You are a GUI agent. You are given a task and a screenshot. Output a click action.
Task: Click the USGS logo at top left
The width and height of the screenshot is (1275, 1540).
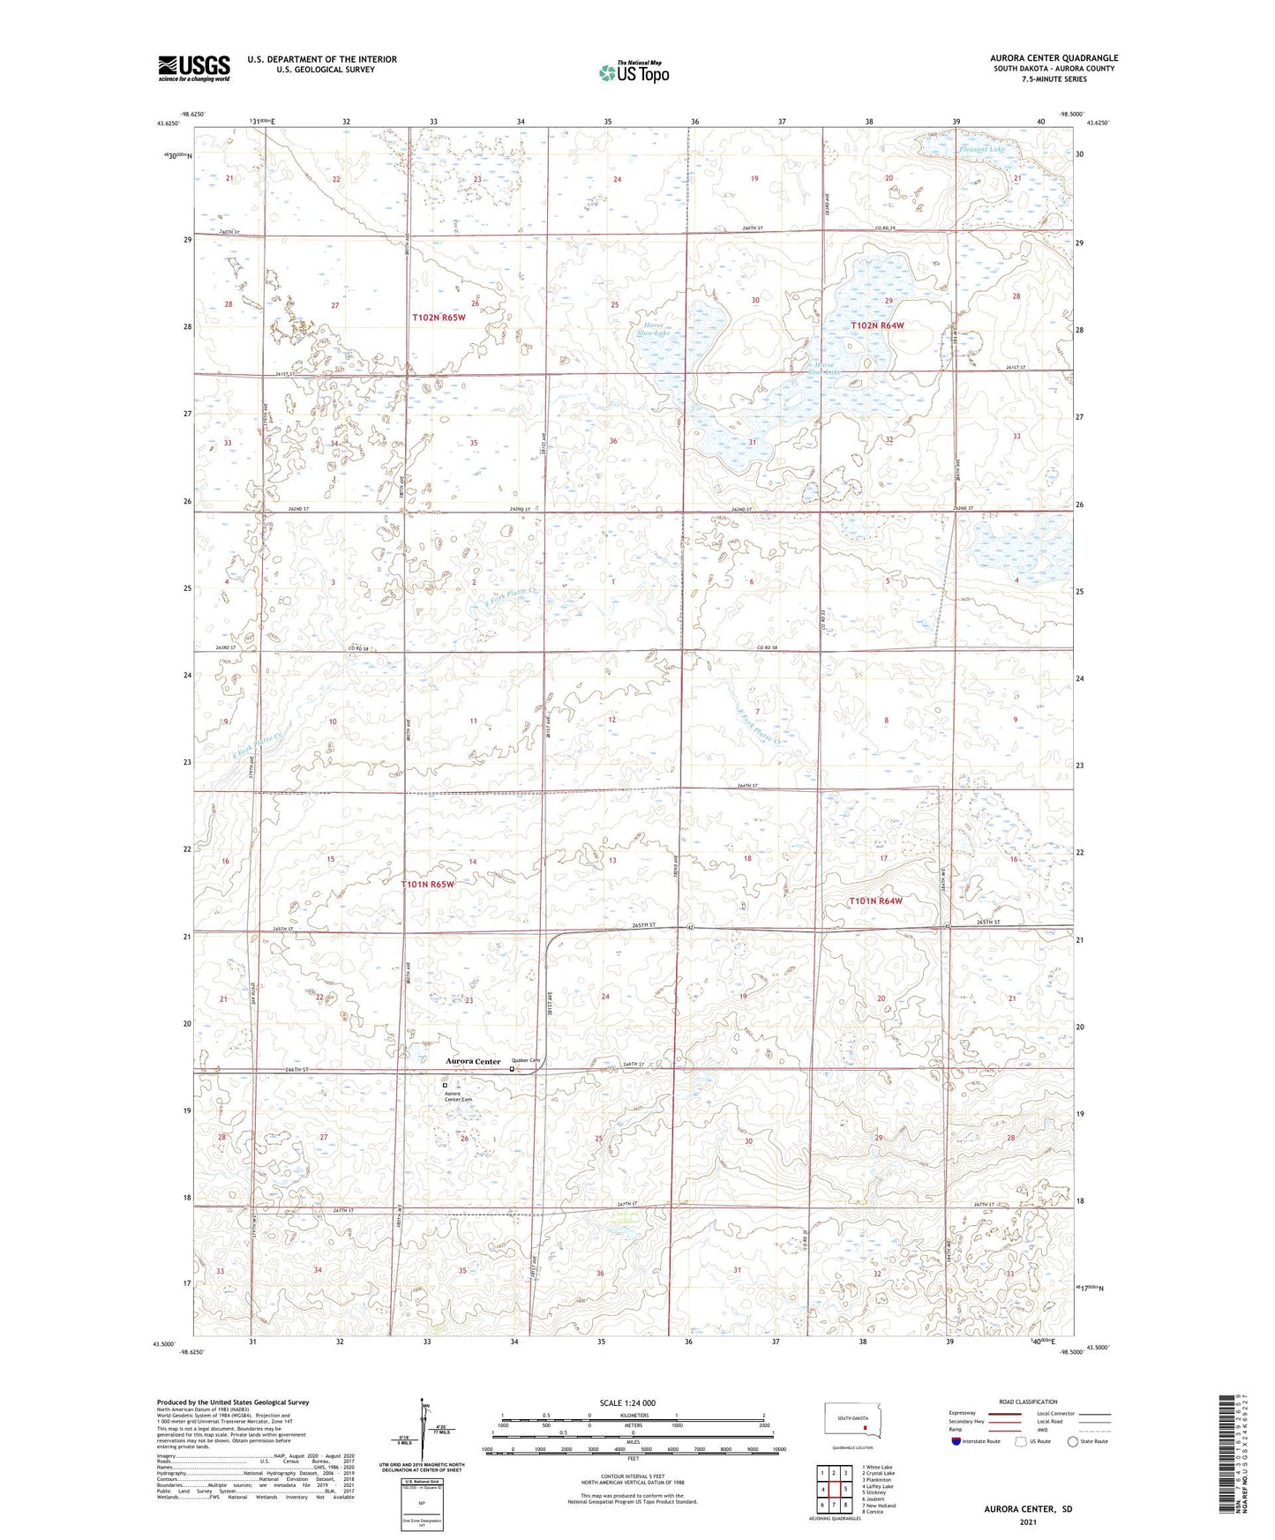194,68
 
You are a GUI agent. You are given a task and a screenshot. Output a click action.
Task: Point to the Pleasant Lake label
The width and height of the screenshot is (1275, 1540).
981,149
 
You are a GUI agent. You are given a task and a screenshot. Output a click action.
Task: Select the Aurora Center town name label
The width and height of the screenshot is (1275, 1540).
473,1061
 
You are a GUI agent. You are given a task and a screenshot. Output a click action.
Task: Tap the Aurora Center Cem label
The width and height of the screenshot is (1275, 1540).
458,1096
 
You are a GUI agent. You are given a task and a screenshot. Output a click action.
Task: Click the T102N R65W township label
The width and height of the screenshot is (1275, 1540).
438,317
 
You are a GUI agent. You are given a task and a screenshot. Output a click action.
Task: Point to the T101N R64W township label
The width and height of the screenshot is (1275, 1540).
875,901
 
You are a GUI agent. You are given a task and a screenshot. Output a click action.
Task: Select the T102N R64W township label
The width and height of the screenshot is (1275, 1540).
877,325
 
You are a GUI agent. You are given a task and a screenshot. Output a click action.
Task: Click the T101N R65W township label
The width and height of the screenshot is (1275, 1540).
427,884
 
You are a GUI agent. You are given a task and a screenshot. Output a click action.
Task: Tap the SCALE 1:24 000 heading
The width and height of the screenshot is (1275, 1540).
627,1402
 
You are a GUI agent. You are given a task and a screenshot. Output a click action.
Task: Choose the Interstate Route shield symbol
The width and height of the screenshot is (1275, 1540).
956,1441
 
